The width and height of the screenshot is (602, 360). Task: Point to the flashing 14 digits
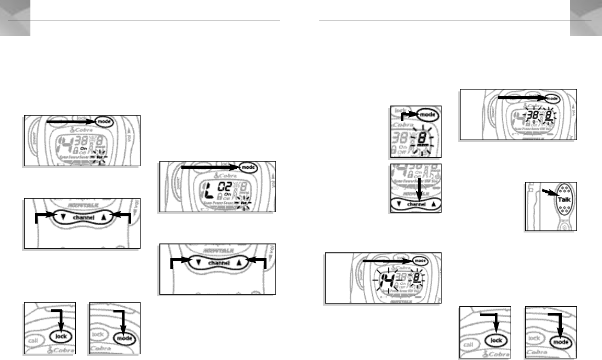pyautogui.click(x=383, y=278)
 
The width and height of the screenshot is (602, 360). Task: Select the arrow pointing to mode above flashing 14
pyautogui.click(x=387, y=260)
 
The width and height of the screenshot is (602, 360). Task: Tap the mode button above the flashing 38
pyautogui.click(x=554, y=97)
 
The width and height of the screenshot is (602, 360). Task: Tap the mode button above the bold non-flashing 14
pyautogui.click(x=102, y=121)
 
